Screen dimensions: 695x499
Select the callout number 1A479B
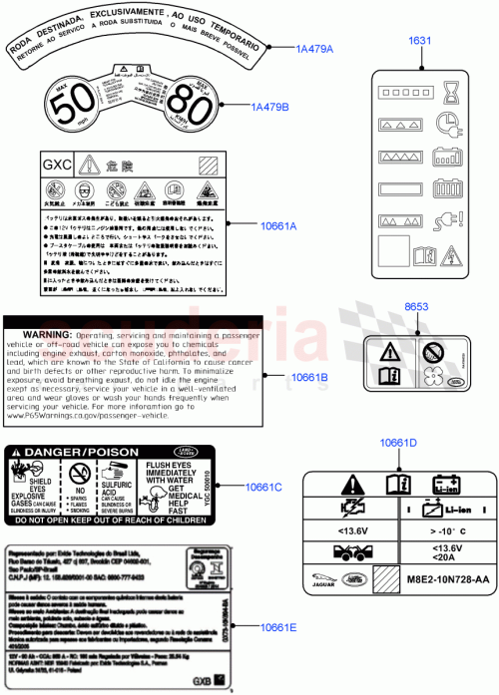point(269,107)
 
